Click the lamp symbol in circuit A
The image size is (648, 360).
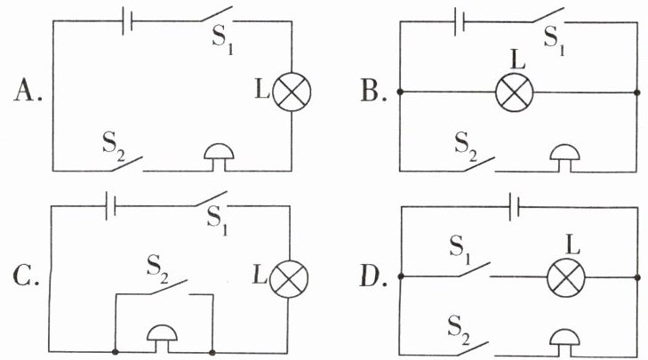(x=292, y=92)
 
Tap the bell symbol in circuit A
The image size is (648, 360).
(x=220, y=157)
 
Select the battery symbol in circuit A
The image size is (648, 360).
(x=127, y=20)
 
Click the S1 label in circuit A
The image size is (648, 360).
(x=223, y=40)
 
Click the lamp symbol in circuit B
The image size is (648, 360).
(x=514, y=92)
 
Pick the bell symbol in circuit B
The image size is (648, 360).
(x=564, y=158)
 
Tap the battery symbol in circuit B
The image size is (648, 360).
(x=460, y=21)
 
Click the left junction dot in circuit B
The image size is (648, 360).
(x=400, y=92)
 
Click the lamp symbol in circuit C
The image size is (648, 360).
(x=289, y=279)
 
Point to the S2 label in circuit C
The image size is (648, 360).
(x=159, y=271)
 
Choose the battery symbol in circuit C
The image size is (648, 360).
(x=110, y=205)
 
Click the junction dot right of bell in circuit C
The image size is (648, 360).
(x=212, y=353)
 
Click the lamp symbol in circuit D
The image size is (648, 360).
(x=566, y=277)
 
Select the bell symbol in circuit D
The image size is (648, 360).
(x=564, y=342)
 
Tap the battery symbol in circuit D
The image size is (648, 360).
(x=514, y=206)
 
